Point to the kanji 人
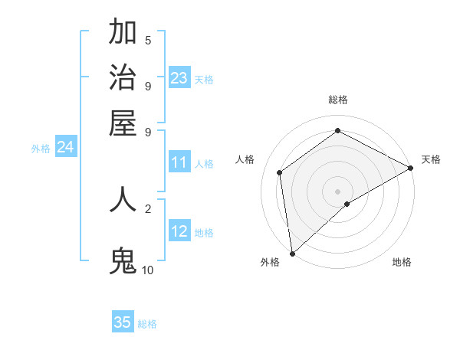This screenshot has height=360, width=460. [123, 199]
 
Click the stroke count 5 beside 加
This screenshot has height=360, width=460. [148, 41]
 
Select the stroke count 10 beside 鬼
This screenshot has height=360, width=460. [147, 270]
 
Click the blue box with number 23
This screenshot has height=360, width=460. [179, 77]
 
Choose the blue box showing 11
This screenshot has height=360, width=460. [179, 162]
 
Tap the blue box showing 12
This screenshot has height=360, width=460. [179, 231]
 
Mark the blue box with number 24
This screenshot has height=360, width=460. [65, 148]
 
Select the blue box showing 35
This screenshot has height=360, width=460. [123, 322]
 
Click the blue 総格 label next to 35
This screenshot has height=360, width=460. [147, 324]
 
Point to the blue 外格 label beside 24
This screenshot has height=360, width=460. [41, 149]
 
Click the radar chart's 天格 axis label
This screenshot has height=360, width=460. [431, 159]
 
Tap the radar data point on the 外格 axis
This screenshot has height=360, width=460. [292, 254]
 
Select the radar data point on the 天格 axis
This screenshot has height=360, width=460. [410, 168]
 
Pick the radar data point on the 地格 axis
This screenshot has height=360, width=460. [347, 204]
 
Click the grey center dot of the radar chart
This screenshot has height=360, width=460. [337, 191]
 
